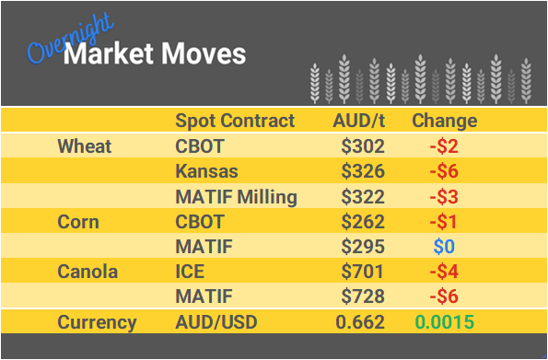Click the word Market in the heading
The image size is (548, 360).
click(x=102, y=54)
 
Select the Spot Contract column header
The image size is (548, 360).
click(x=235, y=121)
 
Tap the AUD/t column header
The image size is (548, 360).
click(x=359, y=121)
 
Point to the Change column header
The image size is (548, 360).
click(x=444, y=121)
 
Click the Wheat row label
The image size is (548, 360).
click(x=84, y=146)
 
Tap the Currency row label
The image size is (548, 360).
click(x=97, y=322)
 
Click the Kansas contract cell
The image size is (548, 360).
click(x=206, y=171)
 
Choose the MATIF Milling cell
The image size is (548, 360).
click(x=236, y=197)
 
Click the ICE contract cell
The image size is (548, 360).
click(x=191, y=272)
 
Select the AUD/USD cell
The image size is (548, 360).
click(x=216, y=322)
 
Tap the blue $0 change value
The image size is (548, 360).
click(x=445, y=247)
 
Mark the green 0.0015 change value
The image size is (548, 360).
click(x=445, y=322)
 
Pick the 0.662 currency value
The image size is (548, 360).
click(x=359, y=322)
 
